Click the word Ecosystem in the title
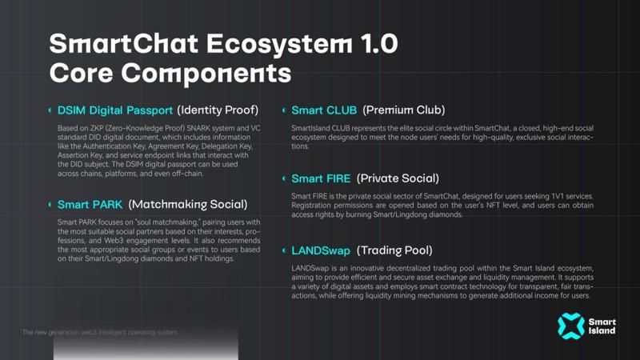(278, 44)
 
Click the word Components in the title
(206, 74)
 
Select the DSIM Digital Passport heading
(115, 110)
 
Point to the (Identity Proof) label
(218, 110)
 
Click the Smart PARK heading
(90, 205)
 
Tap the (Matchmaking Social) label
(188, 205)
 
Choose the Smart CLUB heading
(324, 110)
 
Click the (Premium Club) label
(404, 110)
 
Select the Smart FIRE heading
(321, 178)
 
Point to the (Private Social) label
(398, 178)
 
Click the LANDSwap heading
(321, 250)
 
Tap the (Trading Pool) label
(394, 250)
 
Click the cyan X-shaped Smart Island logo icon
(571, 326)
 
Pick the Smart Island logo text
(602, 326)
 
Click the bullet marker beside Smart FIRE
(284, 178)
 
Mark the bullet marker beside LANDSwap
(284, 250)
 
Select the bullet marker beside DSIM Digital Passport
(50, 110)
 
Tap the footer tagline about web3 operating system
(100, 332)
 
